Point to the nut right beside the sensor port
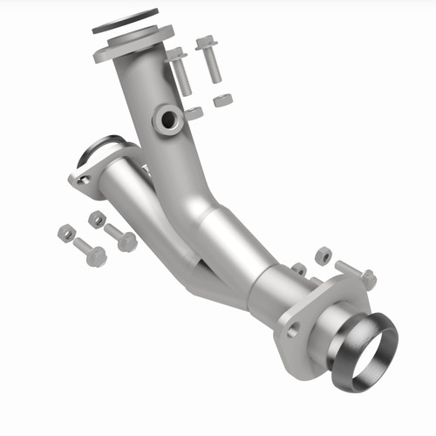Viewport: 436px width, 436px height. click(194, 113)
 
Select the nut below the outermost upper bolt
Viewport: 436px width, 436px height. click(222, 99)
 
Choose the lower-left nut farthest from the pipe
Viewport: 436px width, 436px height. click(65, 232)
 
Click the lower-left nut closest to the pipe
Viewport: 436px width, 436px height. click(97, 219)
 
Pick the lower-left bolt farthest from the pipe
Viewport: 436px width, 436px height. click(91, 253)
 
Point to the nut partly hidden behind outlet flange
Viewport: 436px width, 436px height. click(299, 269)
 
